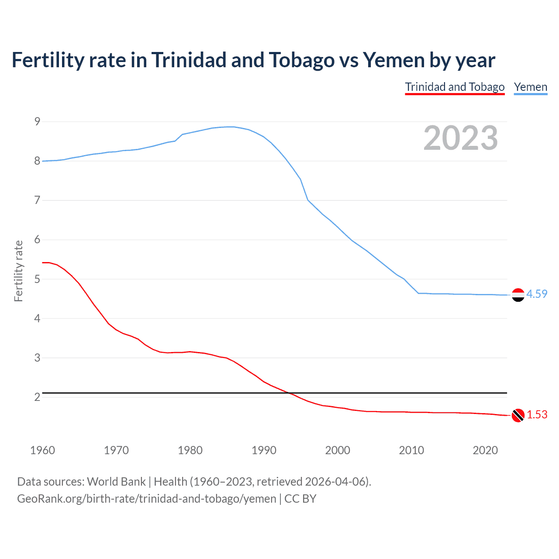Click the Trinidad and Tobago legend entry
455,87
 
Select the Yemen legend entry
530,87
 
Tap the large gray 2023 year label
461,138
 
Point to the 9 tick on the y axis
37,121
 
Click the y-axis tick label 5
37,279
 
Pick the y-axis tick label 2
37,397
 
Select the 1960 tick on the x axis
42,450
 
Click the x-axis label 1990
264,450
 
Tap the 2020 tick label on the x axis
485,450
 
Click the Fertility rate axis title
18,271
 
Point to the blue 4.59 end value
537,294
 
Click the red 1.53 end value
537,414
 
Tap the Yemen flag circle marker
518,295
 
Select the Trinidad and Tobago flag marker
518,415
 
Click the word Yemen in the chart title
393,60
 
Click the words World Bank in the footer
116,482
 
